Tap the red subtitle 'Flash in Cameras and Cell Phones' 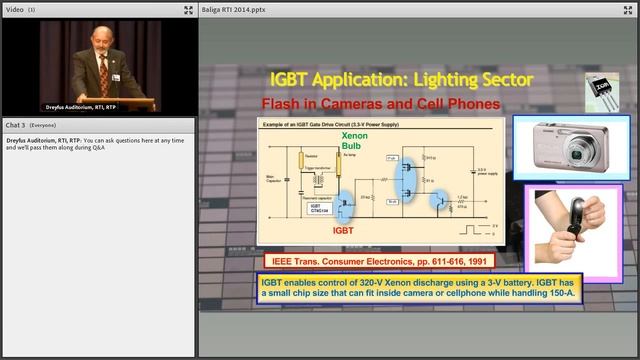tap(380, 103)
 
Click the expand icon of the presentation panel tap(612, 9)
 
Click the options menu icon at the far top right tap(629, 9)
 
